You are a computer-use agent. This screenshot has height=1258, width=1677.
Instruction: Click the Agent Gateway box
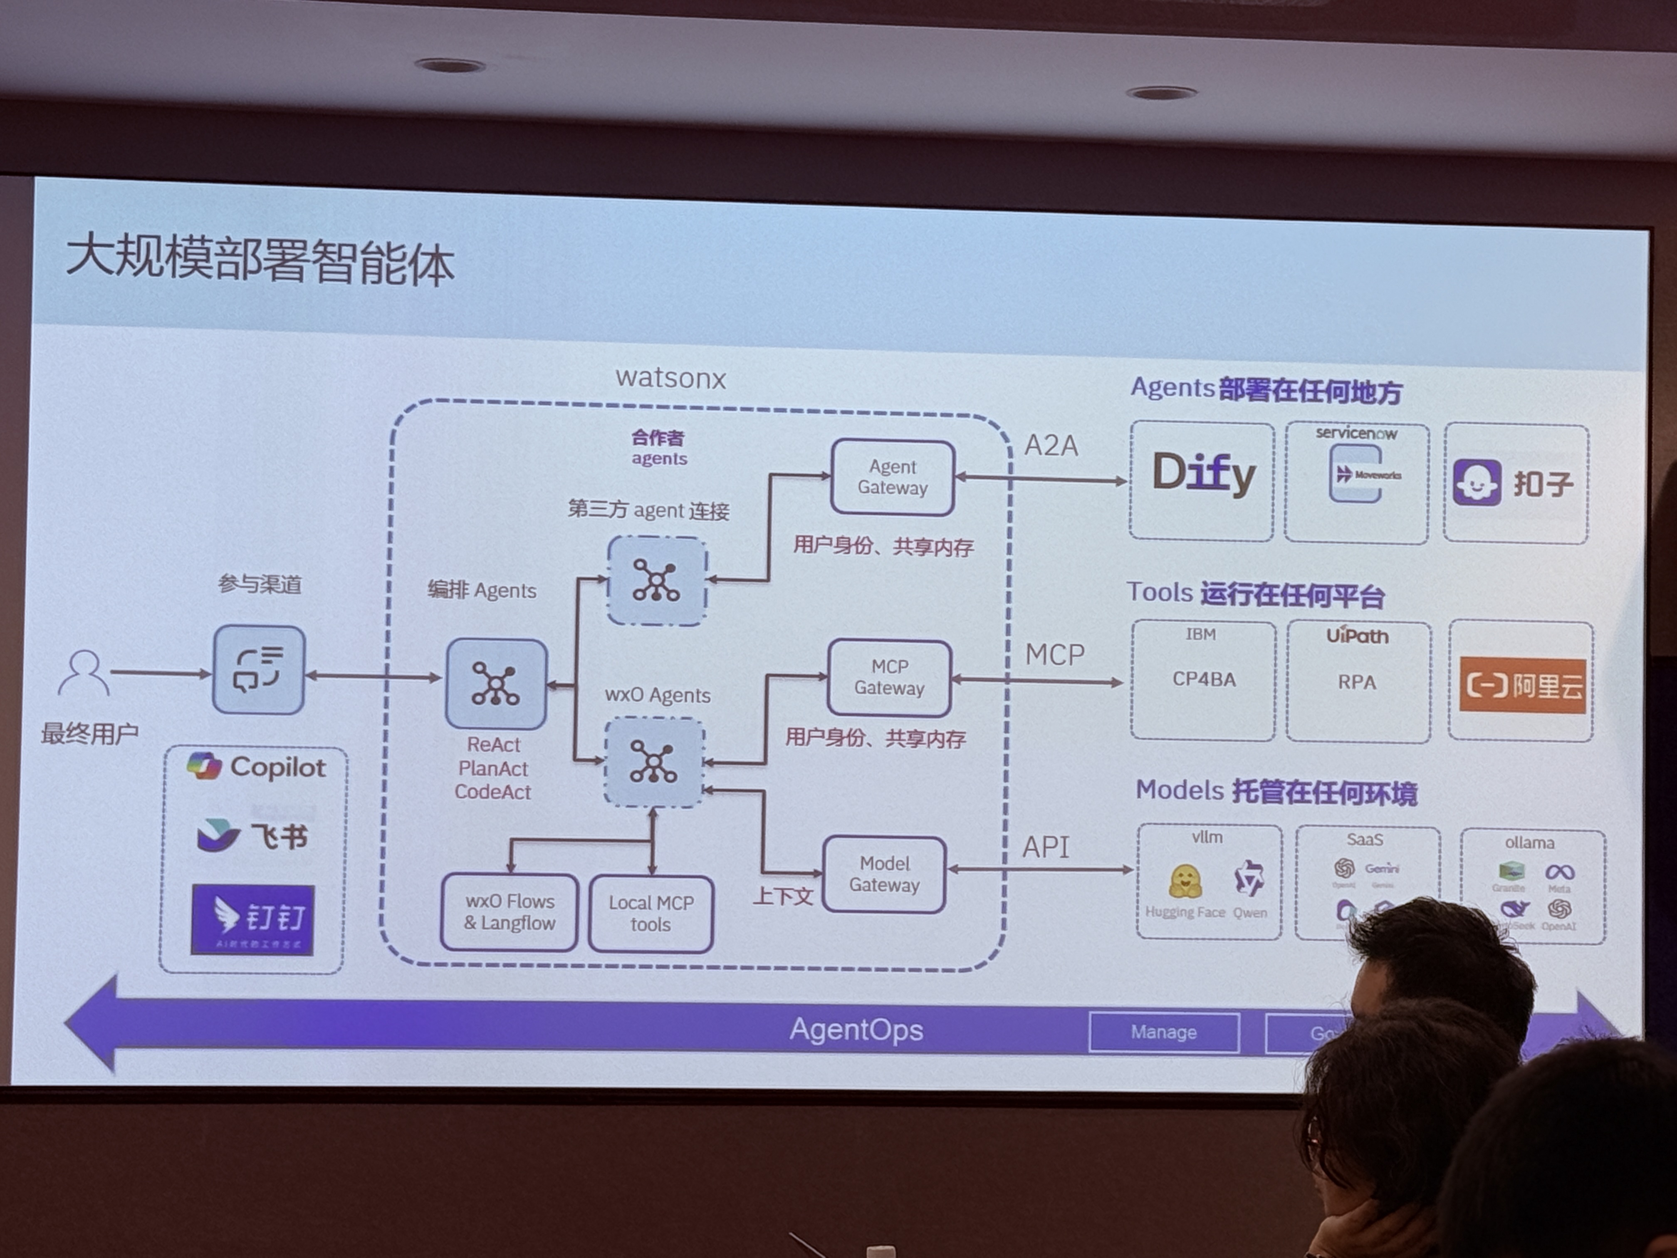click(892, 478)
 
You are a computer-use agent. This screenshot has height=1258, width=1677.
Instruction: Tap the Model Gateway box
click(884, 874)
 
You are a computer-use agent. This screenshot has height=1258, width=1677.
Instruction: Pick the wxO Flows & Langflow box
click(510, 912)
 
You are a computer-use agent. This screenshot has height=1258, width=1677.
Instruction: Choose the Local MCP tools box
click(651, 914)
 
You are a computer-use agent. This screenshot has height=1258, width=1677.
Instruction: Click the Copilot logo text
click(277, 768)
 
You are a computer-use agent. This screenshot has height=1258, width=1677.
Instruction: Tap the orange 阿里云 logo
click(1522, 686)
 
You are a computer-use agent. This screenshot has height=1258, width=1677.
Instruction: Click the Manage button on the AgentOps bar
click(1164, 1032)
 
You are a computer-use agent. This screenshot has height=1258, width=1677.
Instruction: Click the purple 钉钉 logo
click(252, 919)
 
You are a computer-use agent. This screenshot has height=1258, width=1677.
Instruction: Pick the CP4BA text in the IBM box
click(1204, 679)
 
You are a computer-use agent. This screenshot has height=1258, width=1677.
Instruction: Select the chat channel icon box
click(259, 670)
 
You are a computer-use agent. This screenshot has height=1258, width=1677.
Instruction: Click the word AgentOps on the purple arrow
click(856, 1030)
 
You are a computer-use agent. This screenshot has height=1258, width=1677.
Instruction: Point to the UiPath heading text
click(1357, 635)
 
